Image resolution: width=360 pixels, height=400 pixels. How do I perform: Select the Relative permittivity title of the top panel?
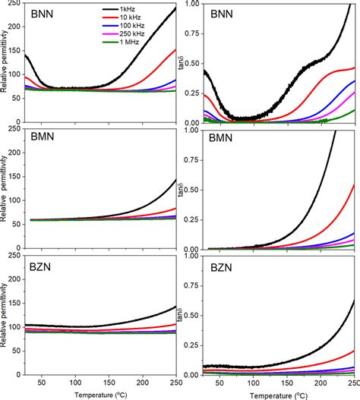[x=6, y=61]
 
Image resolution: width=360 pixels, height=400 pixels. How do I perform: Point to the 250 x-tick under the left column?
[x=175, y=383]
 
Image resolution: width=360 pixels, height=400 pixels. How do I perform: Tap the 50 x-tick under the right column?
[x=219, y=383]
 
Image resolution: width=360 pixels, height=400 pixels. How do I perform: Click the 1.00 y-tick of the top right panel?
[x=192, y=5]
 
